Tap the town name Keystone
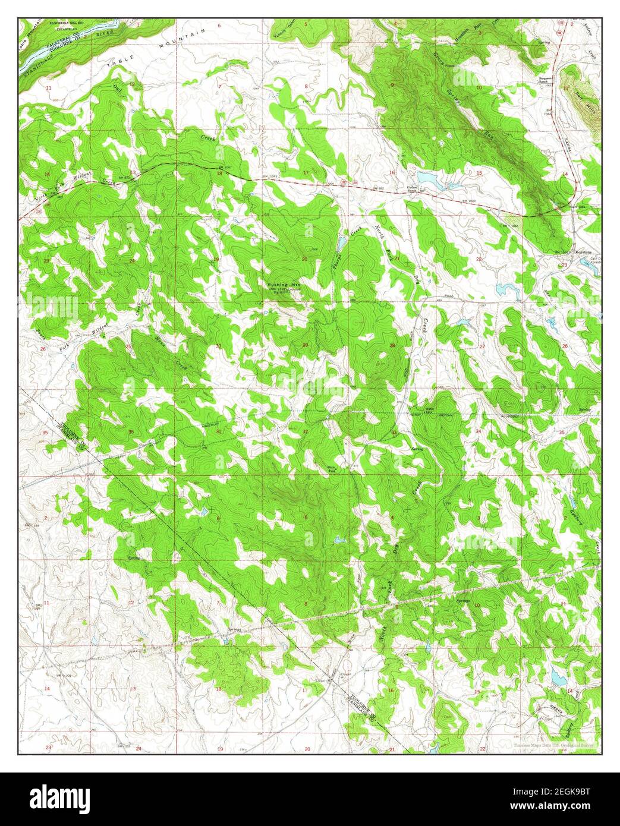coord(585,252)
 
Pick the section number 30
coord(218,346)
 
